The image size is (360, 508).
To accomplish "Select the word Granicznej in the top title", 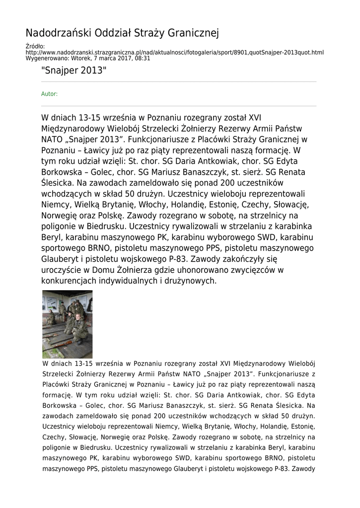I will (194, 33).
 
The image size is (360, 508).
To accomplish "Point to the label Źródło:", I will (35, 47).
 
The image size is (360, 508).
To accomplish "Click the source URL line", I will (174, 52).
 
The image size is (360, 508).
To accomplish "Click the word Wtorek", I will (82, 58).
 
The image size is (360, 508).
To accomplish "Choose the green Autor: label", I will (49, 94).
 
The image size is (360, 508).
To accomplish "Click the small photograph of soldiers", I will (67, 324).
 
